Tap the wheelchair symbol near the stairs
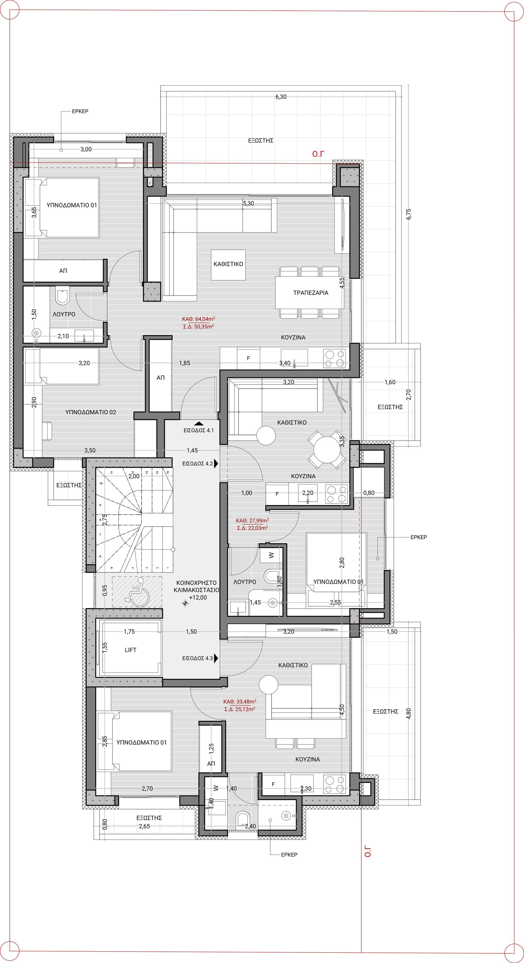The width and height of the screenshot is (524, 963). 138,592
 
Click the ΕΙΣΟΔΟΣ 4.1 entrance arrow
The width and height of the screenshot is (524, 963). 199,424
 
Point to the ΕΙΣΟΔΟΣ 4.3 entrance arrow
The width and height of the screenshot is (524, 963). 216,658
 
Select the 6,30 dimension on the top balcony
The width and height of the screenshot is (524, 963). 281,97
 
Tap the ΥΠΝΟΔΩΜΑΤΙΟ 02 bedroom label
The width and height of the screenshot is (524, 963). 91,412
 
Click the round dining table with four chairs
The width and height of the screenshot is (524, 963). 327,450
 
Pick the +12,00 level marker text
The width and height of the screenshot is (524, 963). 198,597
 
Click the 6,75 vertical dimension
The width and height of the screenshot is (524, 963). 409,214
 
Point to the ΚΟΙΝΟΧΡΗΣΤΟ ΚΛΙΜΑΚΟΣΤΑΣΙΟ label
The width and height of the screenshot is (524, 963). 196,586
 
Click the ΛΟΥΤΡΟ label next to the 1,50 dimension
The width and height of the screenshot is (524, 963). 64,314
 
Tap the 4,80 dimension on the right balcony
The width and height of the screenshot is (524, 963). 409,713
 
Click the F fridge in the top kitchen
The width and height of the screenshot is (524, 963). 248,358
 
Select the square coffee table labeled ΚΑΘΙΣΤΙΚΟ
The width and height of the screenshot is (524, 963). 228,265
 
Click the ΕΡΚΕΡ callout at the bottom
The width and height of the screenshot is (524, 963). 289,854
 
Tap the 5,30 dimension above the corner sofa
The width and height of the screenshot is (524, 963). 248,204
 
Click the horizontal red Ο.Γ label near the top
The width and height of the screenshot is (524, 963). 318,154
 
